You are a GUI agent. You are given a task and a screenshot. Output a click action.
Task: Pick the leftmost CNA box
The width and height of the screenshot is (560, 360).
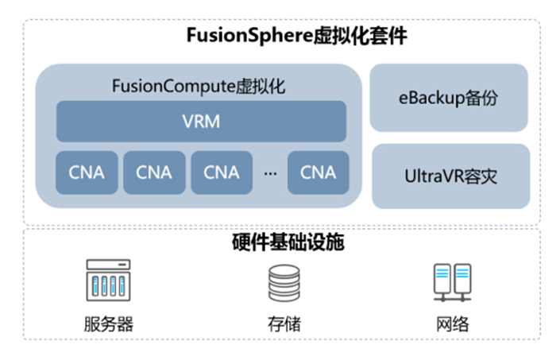tap(86, 172)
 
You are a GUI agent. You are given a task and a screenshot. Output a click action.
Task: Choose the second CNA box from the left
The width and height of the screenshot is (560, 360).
tap(153, 172)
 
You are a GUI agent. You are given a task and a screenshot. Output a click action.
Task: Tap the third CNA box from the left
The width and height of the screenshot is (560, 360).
tap(221, 172)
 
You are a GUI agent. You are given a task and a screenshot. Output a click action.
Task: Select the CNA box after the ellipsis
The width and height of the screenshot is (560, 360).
tap(317, 172)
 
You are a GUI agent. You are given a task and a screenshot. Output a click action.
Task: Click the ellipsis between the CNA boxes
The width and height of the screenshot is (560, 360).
tap(270, 172)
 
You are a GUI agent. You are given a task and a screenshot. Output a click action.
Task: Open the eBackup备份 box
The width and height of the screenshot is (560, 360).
tap(449, 98)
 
